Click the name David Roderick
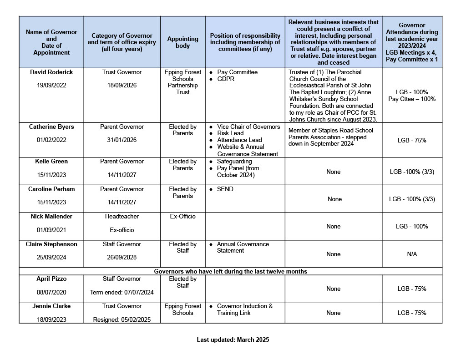51,72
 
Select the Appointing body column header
182,42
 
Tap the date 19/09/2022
51,85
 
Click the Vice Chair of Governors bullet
248,127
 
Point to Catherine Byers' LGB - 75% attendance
411,140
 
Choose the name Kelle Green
51,161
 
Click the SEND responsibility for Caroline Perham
225,189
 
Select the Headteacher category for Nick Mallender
122,216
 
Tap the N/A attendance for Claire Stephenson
411,254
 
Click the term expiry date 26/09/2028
122,257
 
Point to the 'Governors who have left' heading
230,271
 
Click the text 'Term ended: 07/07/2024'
122,292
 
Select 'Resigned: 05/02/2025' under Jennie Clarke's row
122,319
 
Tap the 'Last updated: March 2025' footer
233,340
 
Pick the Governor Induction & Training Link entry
244,309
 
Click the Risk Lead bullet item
230,133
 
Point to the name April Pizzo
51,279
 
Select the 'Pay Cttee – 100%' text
411,99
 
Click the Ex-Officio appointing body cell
182,216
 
